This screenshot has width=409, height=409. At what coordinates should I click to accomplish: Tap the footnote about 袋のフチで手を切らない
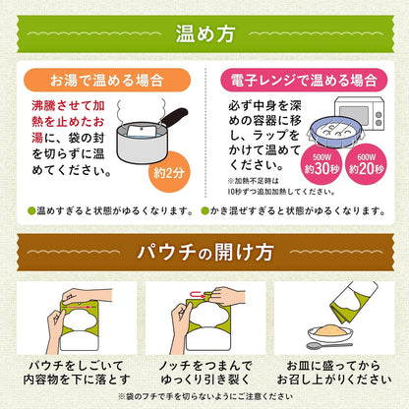tap(204, 397)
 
